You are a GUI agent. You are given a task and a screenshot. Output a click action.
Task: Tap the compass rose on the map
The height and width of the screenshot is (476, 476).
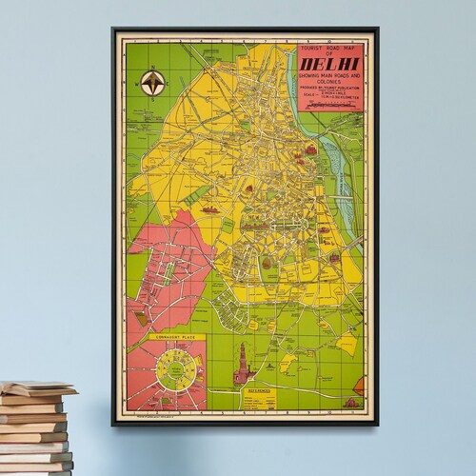point(152,84)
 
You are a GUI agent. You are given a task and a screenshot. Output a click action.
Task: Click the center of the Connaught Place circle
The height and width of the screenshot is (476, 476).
point(175,368)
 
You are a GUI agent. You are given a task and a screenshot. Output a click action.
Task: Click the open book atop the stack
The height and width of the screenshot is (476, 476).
point(36,387)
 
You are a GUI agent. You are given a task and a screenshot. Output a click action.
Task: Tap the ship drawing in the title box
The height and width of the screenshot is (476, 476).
point(329,103)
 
